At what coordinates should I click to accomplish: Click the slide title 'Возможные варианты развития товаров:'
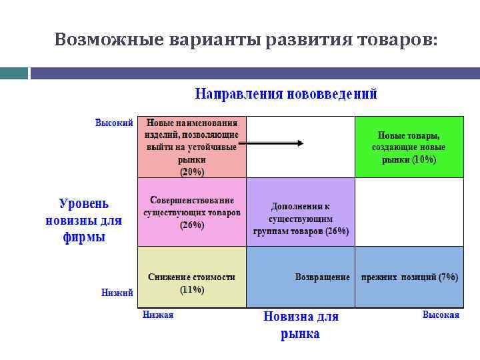(x=246, y=40)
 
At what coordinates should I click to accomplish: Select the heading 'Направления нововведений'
(x=286, y=94)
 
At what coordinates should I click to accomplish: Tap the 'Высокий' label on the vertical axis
(x=114, y=123)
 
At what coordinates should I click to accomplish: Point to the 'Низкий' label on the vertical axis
(x=117, y=292)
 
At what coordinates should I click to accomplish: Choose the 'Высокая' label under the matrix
(x=441, y=315)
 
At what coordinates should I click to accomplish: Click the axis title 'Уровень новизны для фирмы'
(x=84, y=220)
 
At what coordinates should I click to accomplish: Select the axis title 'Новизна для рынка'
(x=300, y=325)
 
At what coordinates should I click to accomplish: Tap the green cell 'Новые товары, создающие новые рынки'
(x=409, y=147)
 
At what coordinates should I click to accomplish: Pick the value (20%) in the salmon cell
(x=192, y=171)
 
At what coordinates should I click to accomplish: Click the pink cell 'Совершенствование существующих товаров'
(x=192, y=212)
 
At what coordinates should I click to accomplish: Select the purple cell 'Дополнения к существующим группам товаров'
(x=301, y=219)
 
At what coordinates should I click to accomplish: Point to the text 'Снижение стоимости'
(x=192, y=277)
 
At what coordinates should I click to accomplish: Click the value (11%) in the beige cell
(x=192, y=289)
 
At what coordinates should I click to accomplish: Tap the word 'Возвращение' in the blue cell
(x=322, y=277)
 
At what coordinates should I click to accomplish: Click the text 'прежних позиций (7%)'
(x=409, y=277)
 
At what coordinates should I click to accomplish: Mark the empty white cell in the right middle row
(x=409, y=212)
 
